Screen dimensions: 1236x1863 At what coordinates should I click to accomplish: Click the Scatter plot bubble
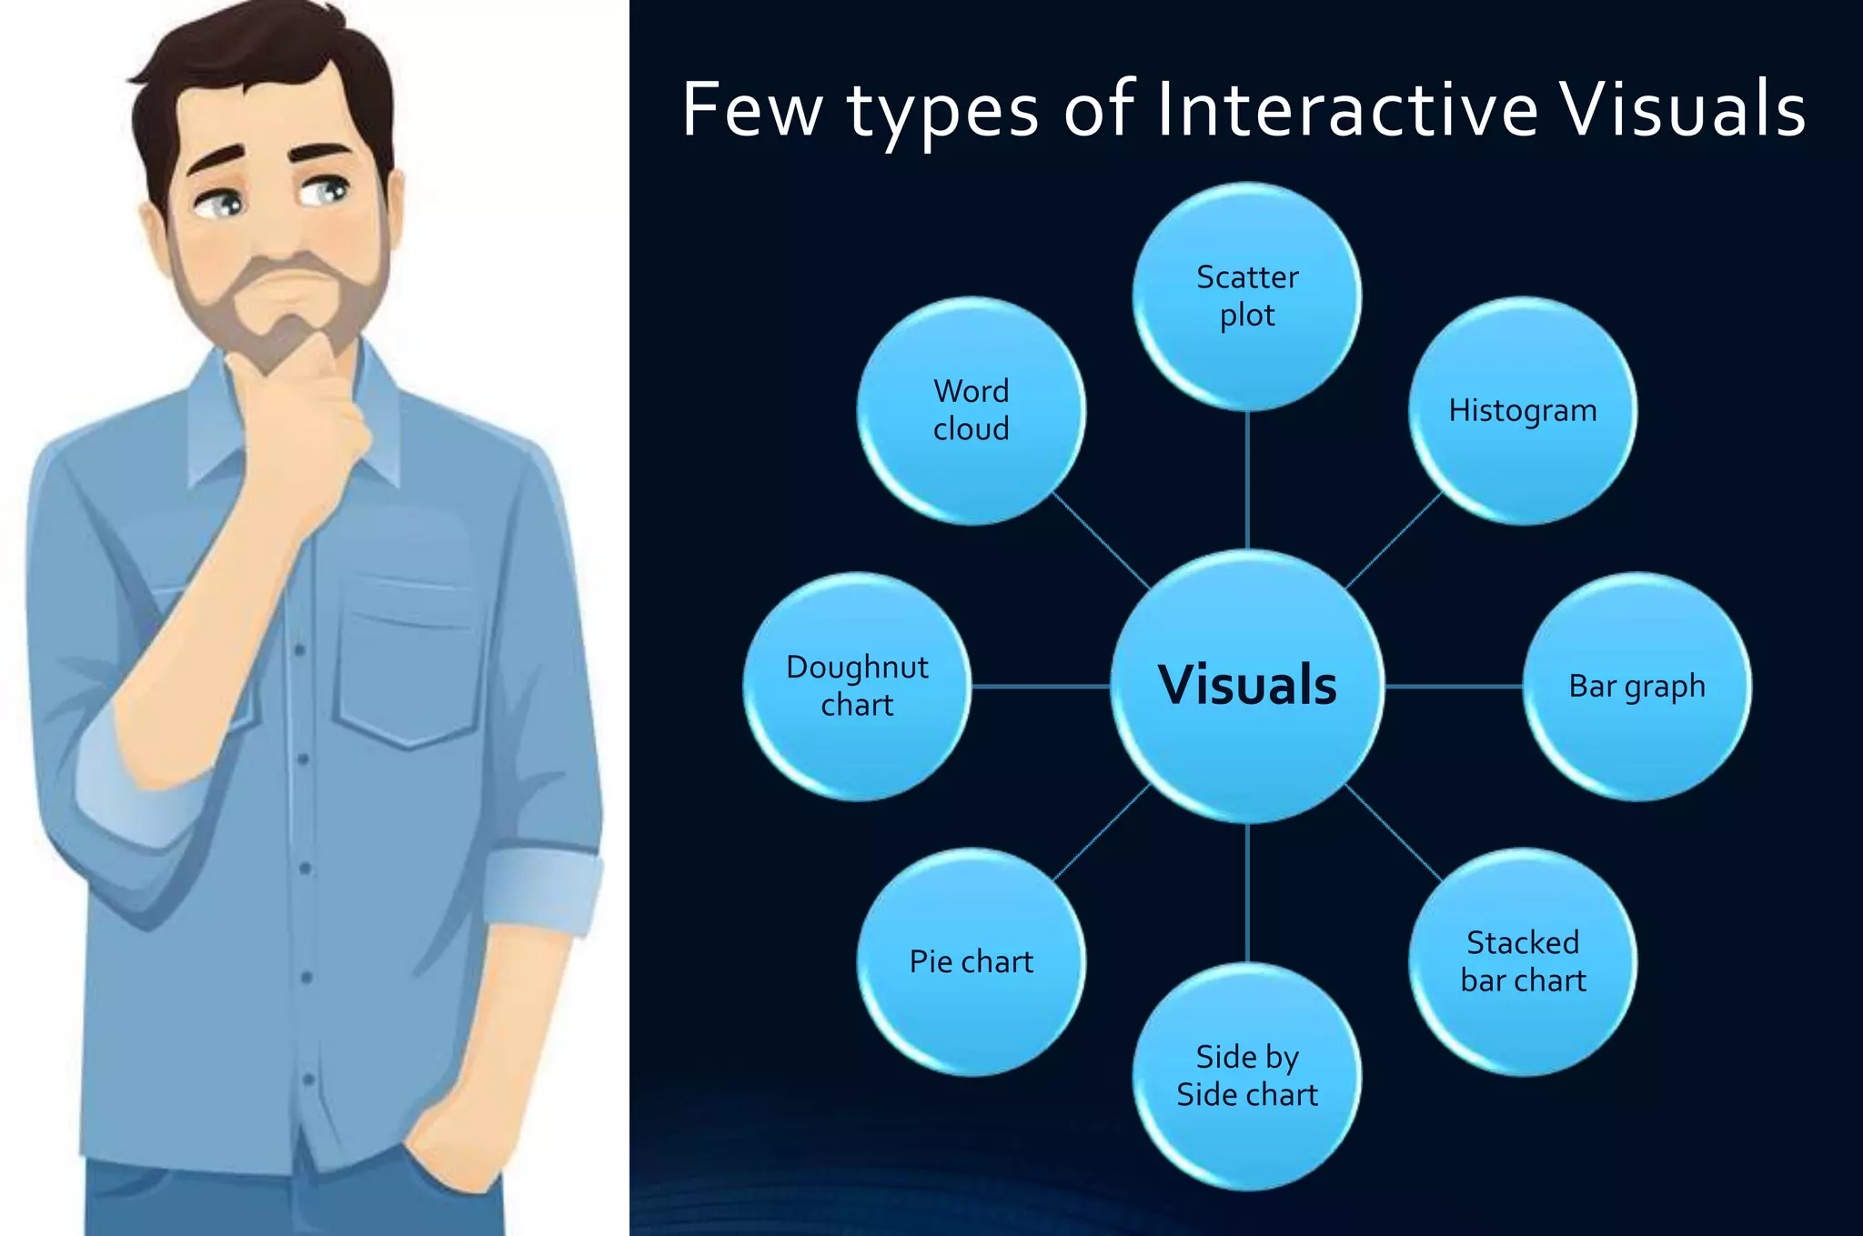coord(1247,296)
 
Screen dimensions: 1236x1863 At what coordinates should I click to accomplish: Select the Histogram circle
coord(1523,410)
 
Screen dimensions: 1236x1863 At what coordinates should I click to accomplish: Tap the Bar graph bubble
coord(1636,686)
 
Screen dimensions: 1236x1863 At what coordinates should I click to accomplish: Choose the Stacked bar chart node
coord(1523,961)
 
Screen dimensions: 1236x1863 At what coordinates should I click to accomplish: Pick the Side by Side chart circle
coord(1247,1076)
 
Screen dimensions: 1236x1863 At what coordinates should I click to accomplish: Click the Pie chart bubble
coord(972,961)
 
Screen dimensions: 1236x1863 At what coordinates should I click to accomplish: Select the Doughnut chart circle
coord(857,686)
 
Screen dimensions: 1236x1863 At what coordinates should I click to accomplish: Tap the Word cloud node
coord(972,410)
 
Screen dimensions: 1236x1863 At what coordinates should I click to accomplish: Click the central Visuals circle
coord(1247,686)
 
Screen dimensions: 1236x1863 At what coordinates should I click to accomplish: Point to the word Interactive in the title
coord(1346,109)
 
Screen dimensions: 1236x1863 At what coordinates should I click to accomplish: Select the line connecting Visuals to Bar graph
coord(1454,686)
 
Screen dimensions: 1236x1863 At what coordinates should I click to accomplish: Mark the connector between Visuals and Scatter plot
coord(1247,479)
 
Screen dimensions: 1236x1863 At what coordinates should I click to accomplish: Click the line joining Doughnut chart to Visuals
coord(1041,686)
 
